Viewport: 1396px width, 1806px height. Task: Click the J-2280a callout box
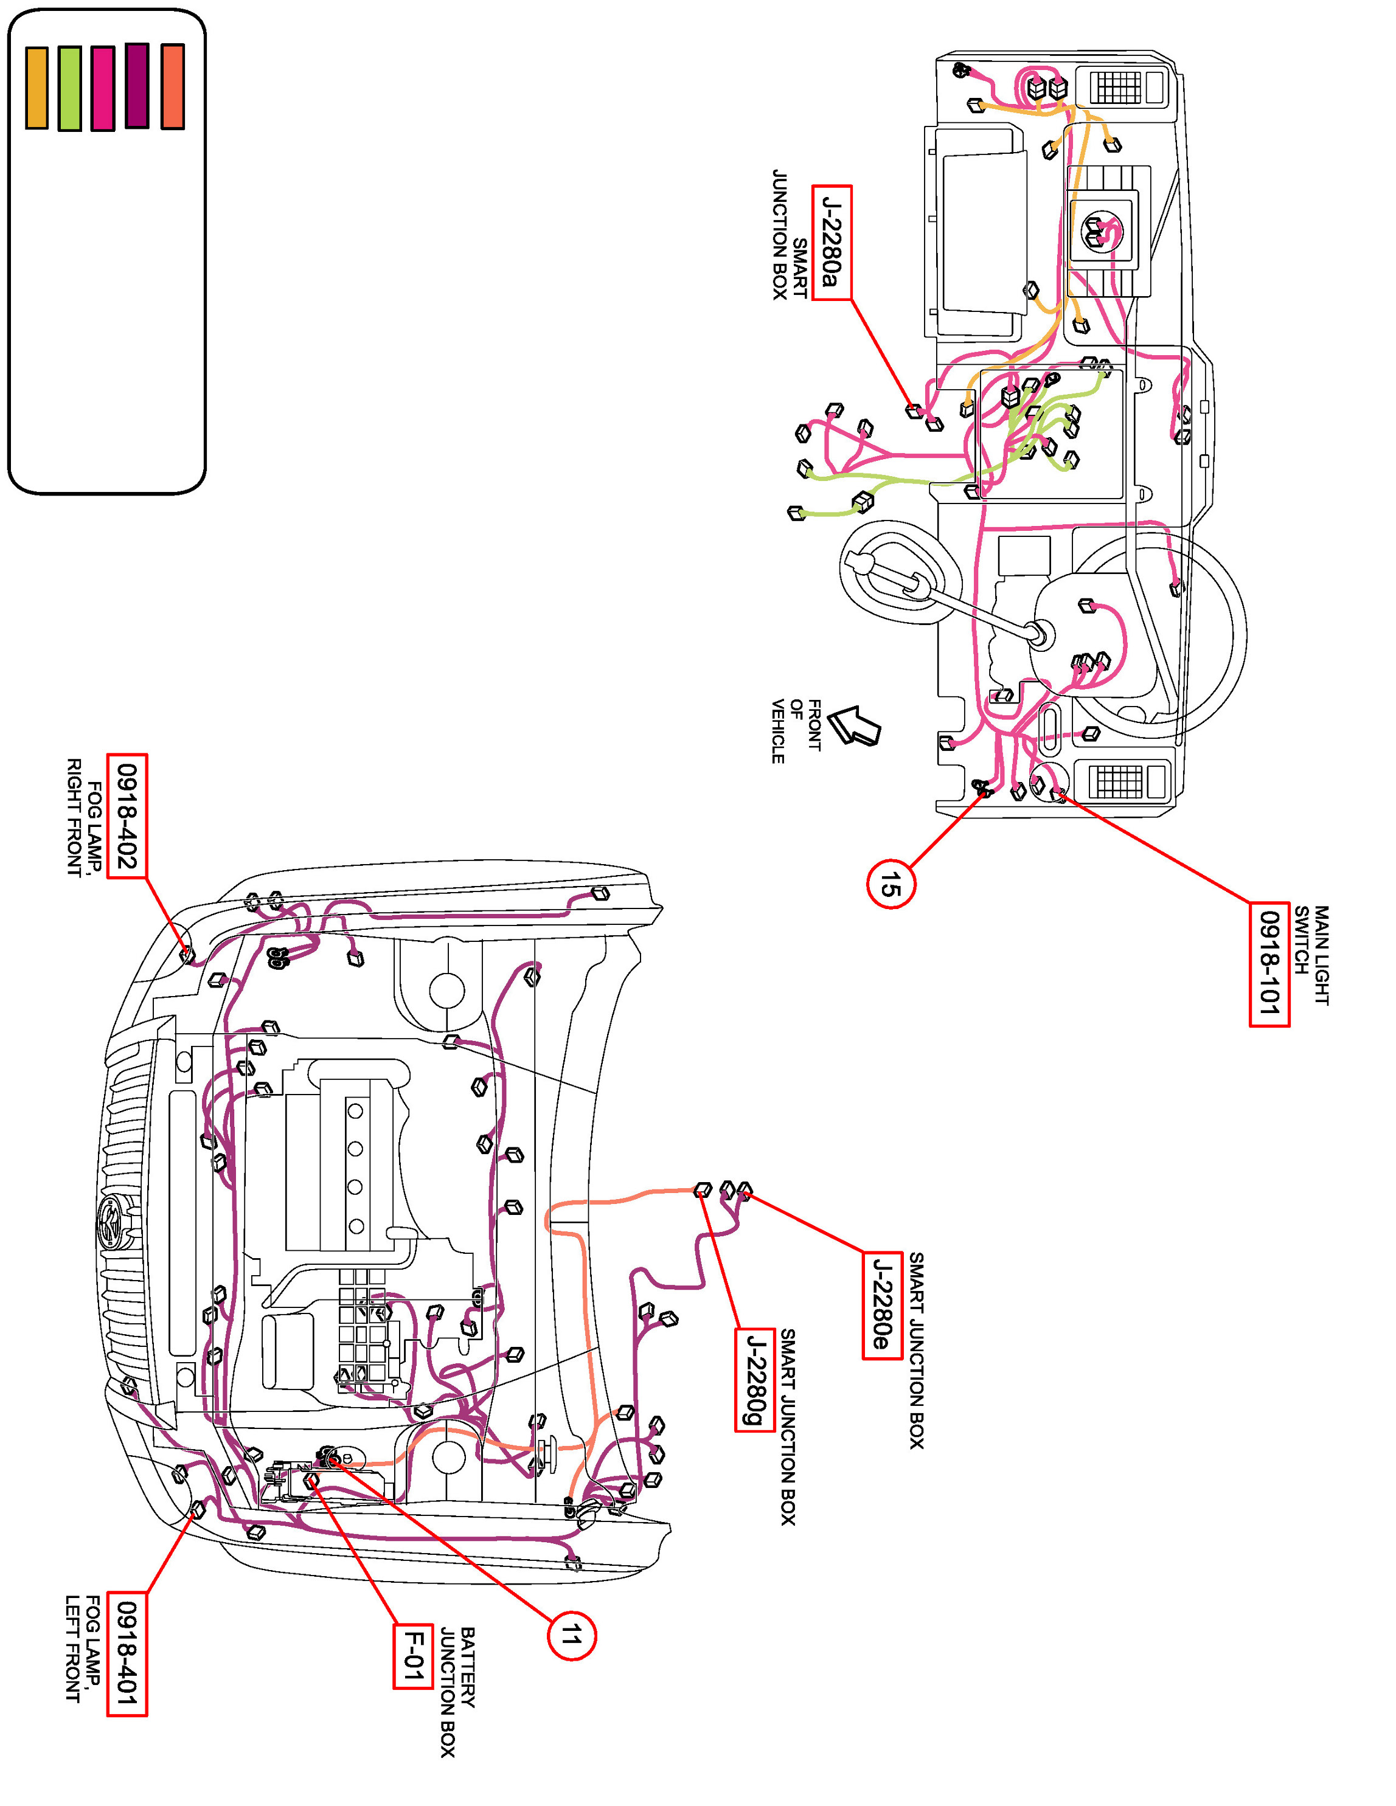tap(831, 242)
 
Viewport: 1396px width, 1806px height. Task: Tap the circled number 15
tap(890, 884)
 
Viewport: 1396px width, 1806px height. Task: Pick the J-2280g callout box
tap(754, 1379)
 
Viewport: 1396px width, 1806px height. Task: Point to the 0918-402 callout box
tap(127, 815)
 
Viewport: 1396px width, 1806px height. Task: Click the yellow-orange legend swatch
tap(36, 88)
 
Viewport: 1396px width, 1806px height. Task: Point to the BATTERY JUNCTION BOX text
tap(457, 1692)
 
